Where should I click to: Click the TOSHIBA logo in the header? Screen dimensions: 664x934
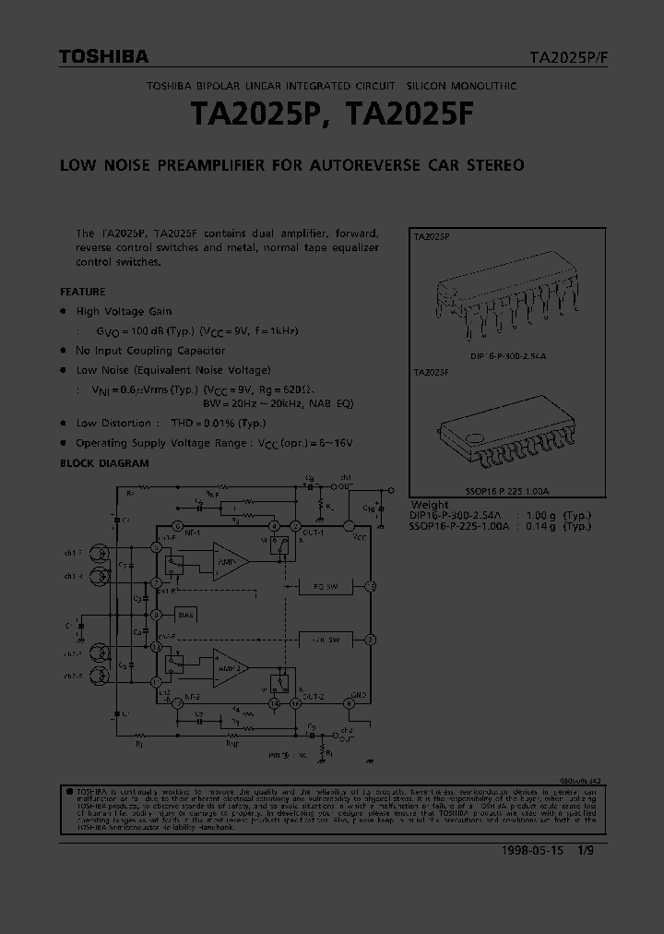click(x=103, y=57)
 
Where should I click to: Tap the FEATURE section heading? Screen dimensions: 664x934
click(x=82, y=292)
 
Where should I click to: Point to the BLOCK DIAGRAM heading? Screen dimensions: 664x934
click(x=104, y=463)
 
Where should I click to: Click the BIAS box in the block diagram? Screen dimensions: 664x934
click(x=186, y=613)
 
